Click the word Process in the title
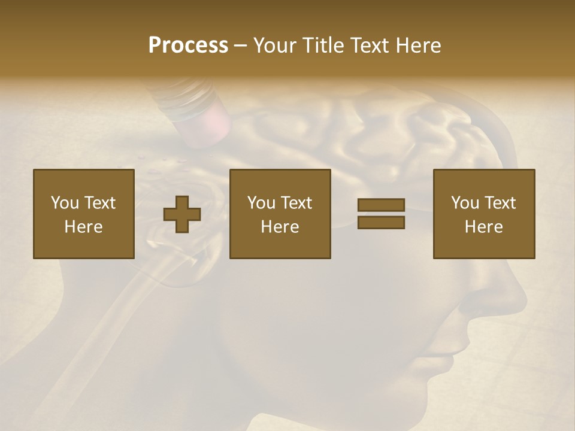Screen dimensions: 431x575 tap(188, 45)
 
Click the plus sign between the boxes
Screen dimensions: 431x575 tap(182, 214)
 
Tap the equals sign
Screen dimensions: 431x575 tap(381, 214)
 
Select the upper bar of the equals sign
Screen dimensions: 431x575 tap(381, 205)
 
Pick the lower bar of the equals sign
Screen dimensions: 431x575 tap(381, 222)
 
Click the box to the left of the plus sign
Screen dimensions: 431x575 tap(83, 214)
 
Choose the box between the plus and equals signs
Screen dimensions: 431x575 tap(280, 214)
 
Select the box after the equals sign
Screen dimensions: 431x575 tap(483, 214)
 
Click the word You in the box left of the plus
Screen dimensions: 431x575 tap(65, 203)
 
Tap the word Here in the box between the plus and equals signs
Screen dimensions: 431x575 tap(280, 227)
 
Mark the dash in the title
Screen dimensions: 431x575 tap(240, 45)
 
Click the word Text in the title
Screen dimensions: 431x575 tap(369, 45)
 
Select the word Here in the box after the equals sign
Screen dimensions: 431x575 tap(483, 227)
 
